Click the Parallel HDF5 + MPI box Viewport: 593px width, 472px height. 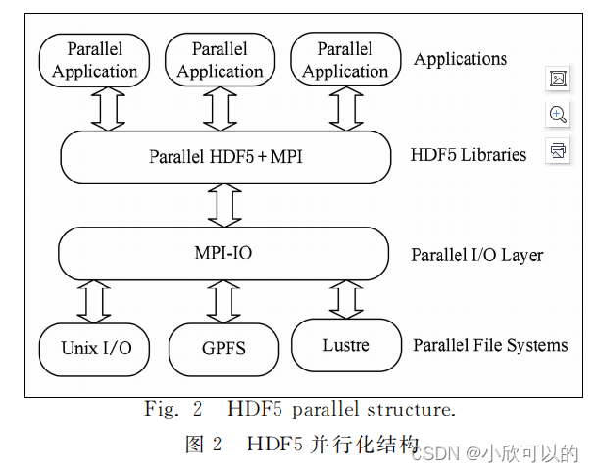coord(225,156)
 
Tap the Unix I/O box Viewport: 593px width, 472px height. coord(95,347)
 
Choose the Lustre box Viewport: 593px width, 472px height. coord(347,344)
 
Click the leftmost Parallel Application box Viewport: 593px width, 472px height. coord(94,61)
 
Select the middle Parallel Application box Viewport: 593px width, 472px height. coord(220,59)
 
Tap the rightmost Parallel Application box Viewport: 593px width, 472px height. coord(345,59)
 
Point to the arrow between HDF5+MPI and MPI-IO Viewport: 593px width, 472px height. coord(225,204)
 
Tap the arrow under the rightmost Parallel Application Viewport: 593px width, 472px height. coord(345,108)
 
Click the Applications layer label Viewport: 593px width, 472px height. coord(460,59)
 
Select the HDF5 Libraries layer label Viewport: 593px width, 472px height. coord(469,155)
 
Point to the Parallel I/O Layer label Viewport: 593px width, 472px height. coord(476,255)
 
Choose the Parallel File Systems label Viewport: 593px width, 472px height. coord(490,345)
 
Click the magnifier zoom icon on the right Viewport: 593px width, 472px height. coord(558,115)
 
